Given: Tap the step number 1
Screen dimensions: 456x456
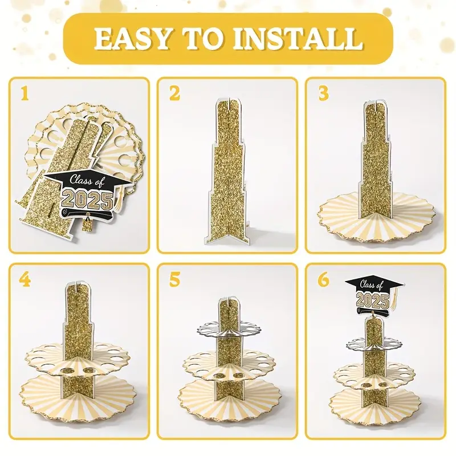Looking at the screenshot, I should [25, 93].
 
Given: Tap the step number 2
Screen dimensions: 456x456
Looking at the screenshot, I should [174, 93].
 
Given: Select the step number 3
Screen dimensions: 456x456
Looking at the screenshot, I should [323, 93].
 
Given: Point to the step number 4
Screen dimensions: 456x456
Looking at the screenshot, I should [25, 280].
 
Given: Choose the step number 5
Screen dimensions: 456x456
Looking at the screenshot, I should [174, 280].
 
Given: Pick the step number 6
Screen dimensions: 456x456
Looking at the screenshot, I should [323, 280].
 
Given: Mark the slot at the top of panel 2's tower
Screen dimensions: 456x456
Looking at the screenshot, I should [227, 103].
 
